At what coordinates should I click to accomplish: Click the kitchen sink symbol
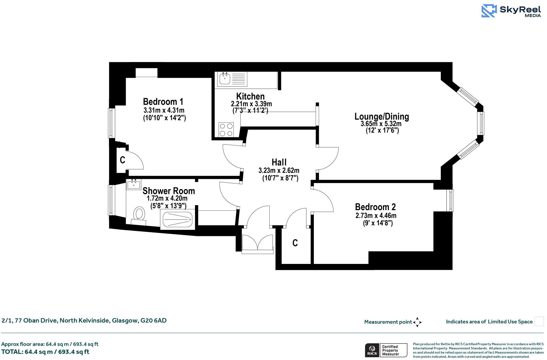pos(225,78)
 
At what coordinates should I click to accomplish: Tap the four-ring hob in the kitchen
pos(226,130)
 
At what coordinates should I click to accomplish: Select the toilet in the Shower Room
pos(139,214)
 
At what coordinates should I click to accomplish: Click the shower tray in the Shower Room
pos(177,220)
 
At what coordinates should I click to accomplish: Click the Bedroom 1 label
pos(163,102)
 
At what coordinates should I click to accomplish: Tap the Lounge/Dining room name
pos(381,116)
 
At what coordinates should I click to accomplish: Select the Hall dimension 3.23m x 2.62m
pos(279,171)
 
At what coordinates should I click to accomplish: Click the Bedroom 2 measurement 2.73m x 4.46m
pos(376,216)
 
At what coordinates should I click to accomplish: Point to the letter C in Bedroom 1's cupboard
pos(122,160)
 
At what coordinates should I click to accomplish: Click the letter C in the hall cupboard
pos(295,243)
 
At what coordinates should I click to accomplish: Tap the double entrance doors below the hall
pos(257,244)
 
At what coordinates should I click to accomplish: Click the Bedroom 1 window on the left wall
pos(111,123)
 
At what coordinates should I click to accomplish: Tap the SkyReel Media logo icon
pos(489,11)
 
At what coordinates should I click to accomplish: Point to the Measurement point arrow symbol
pos(417,322)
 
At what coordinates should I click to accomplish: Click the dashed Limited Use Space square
pos(539,321)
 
